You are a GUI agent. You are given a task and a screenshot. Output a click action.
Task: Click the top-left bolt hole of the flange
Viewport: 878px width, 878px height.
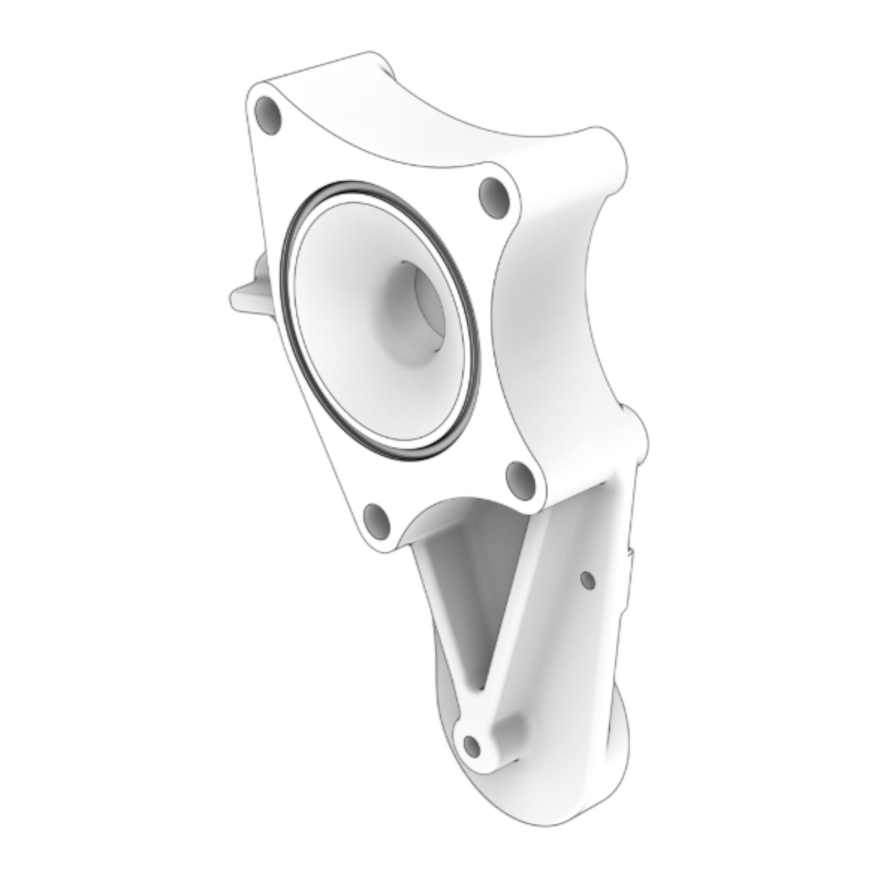coord(268,115)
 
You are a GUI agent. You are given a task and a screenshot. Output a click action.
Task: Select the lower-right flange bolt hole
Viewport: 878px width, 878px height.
coord(521,478)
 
